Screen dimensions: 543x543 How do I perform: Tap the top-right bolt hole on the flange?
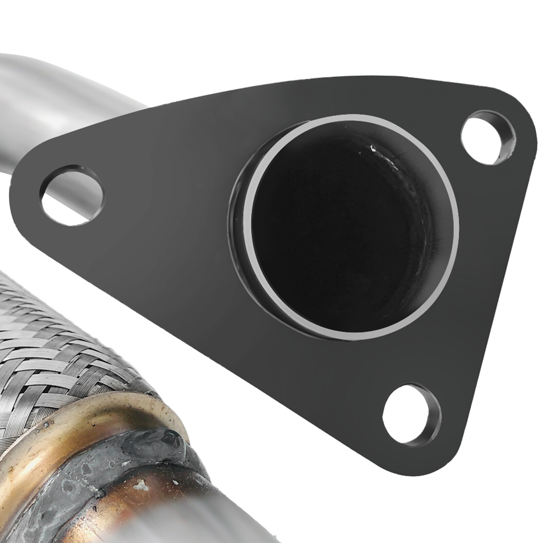[488, 139]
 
